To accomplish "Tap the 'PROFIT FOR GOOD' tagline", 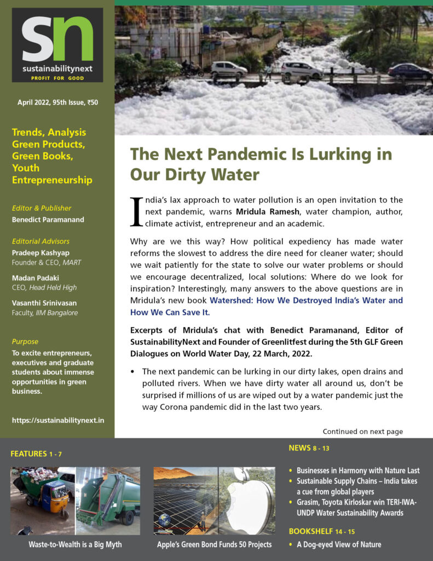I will [x=57, y=77].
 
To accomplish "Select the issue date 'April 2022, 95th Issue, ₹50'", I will [x=57, y=102].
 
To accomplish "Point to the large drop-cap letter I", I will [x=136, y=211].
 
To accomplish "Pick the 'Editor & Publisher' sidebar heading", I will [x=42, y=208].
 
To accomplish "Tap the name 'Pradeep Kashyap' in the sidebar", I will [x=39, y=253].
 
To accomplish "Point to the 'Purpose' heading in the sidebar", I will [x=25, y=341].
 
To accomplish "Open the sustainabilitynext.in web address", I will [x=57, y=420].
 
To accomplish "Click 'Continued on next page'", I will [x=362, y=432].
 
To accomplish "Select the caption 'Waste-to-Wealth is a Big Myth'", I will [x=75, y=545].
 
